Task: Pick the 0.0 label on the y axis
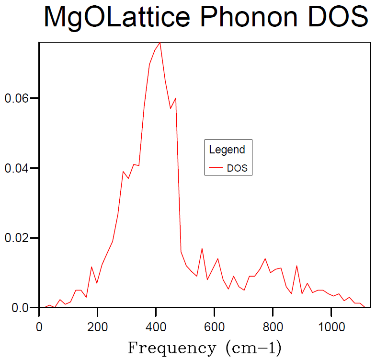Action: click(x=20, y=308)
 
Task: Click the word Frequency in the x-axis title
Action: click(x=171, y=348)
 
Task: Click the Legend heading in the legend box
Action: click(x=227, y=150)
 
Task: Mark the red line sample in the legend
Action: click(x=216, y=169)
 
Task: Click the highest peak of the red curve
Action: click(x=160, y=42)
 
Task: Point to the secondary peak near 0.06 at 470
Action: click(x=176, y=98)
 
